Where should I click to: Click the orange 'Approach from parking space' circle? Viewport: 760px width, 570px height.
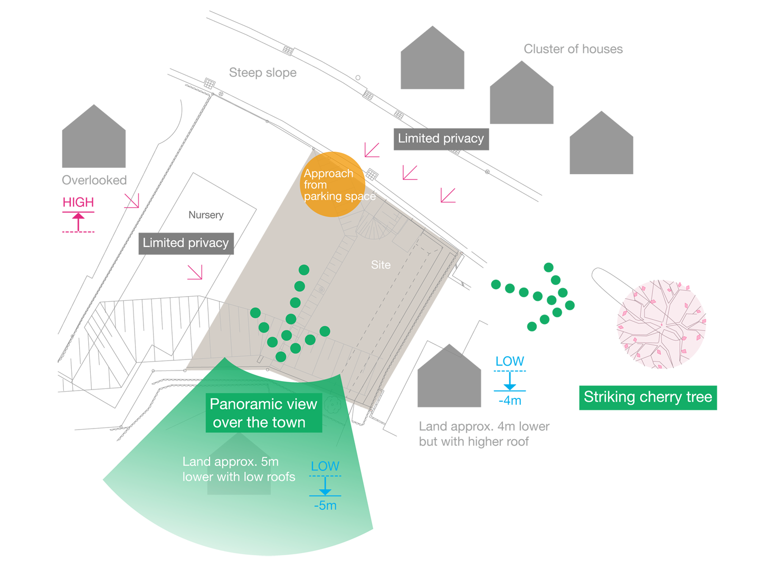point(332,184)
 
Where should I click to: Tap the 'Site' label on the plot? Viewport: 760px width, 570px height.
point(381,265)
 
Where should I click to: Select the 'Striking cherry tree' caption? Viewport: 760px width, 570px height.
point(648,397)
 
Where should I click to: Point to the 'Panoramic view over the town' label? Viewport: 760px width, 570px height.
point(263,413)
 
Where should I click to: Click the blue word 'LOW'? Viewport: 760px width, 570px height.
point(325,467)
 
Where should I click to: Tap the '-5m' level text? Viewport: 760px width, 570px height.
point(325,506)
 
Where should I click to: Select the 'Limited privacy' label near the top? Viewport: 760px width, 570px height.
point(441,138)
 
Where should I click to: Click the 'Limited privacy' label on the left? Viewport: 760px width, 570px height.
point(185,243)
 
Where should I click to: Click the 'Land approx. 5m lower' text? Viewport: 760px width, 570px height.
point(239,469)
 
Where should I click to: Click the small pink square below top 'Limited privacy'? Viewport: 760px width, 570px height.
point(448,195)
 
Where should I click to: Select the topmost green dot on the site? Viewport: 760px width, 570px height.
point(304,270)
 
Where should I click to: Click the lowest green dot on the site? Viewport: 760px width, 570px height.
point(281,357)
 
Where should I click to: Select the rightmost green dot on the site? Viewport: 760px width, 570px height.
point(325,331)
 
